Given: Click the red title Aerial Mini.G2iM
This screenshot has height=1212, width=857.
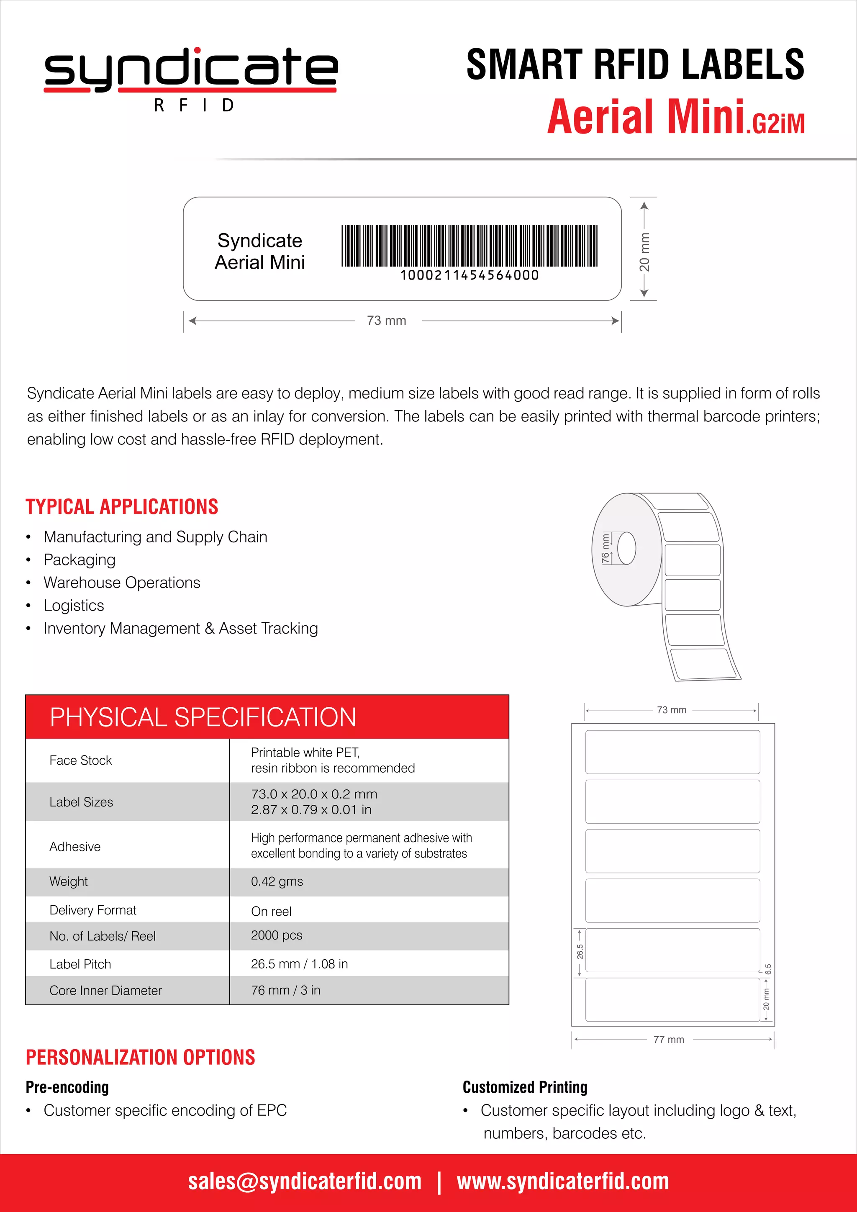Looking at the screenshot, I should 675,117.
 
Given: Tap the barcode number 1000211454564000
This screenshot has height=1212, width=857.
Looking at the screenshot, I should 469,275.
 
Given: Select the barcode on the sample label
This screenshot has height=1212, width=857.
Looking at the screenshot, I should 469,246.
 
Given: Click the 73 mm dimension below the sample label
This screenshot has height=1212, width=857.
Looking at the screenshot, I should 387,321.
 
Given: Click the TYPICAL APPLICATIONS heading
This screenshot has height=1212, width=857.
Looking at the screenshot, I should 122,507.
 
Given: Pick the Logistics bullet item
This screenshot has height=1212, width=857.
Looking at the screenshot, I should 74,606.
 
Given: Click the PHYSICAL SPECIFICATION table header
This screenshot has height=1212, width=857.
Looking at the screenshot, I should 203,717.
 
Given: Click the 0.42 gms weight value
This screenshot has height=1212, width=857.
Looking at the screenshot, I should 277,881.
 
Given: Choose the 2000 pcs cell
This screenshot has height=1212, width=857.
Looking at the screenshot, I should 277,935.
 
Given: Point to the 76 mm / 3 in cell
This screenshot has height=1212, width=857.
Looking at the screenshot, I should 285,990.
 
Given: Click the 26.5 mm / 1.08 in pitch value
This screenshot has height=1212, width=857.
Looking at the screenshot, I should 299,963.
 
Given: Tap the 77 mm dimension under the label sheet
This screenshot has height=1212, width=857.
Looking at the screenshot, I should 669,1040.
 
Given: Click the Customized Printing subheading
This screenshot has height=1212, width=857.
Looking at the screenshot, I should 525,1087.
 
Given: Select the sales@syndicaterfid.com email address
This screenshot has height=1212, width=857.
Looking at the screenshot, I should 305,1181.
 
